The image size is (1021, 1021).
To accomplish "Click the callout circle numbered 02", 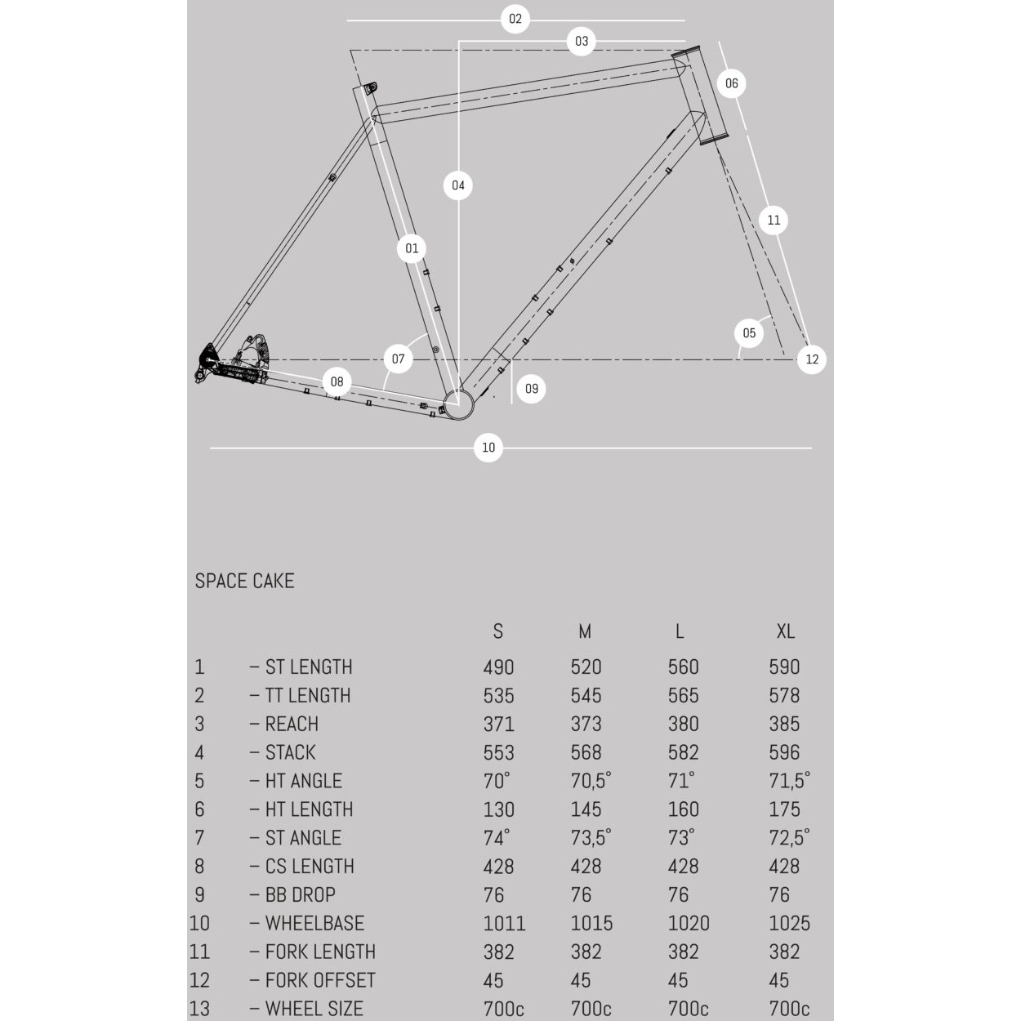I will point(515,19).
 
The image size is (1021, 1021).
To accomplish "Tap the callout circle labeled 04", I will point(458,185).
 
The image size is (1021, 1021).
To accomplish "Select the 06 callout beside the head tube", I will point(731,83).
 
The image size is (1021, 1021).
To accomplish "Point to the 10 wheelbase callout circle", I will point(488,448).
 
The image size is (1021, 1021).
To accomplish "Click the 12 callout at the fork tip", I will point(811,359).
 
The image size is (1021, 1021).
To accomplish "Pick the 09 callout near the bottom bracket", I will point(532,389).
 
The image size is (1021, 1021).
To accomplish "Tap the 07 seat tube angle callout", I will point(398,359).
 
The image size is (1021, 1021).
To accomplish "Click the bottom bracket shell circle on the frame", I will point(459,403).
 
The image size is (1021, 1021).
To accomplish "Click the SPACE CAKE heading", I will point(244,581).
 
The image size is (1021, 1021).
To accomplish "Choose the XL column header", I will point(785,631).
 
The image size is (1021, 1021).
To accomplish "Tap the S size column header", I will point(498,631).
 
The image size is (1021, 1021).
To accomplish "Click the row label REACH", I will point(292,725).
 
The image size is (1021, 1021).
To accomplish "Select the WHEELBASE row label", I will point(314,924).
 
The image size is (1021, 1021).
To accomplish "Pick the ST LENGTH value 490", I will point(498,667).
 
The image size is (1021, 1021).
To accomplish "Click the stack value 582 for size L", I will point(683,753).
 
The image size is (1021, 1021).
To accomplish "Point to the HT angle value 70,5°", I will point(591,782).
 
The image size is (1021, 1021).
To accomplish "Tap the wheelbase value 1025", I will point(789,924).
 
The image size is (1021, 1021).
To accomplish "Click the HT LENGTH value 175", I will point(784,810).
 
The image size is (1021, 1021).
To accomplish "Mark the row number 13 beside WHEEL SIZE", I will point(199,1009).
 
